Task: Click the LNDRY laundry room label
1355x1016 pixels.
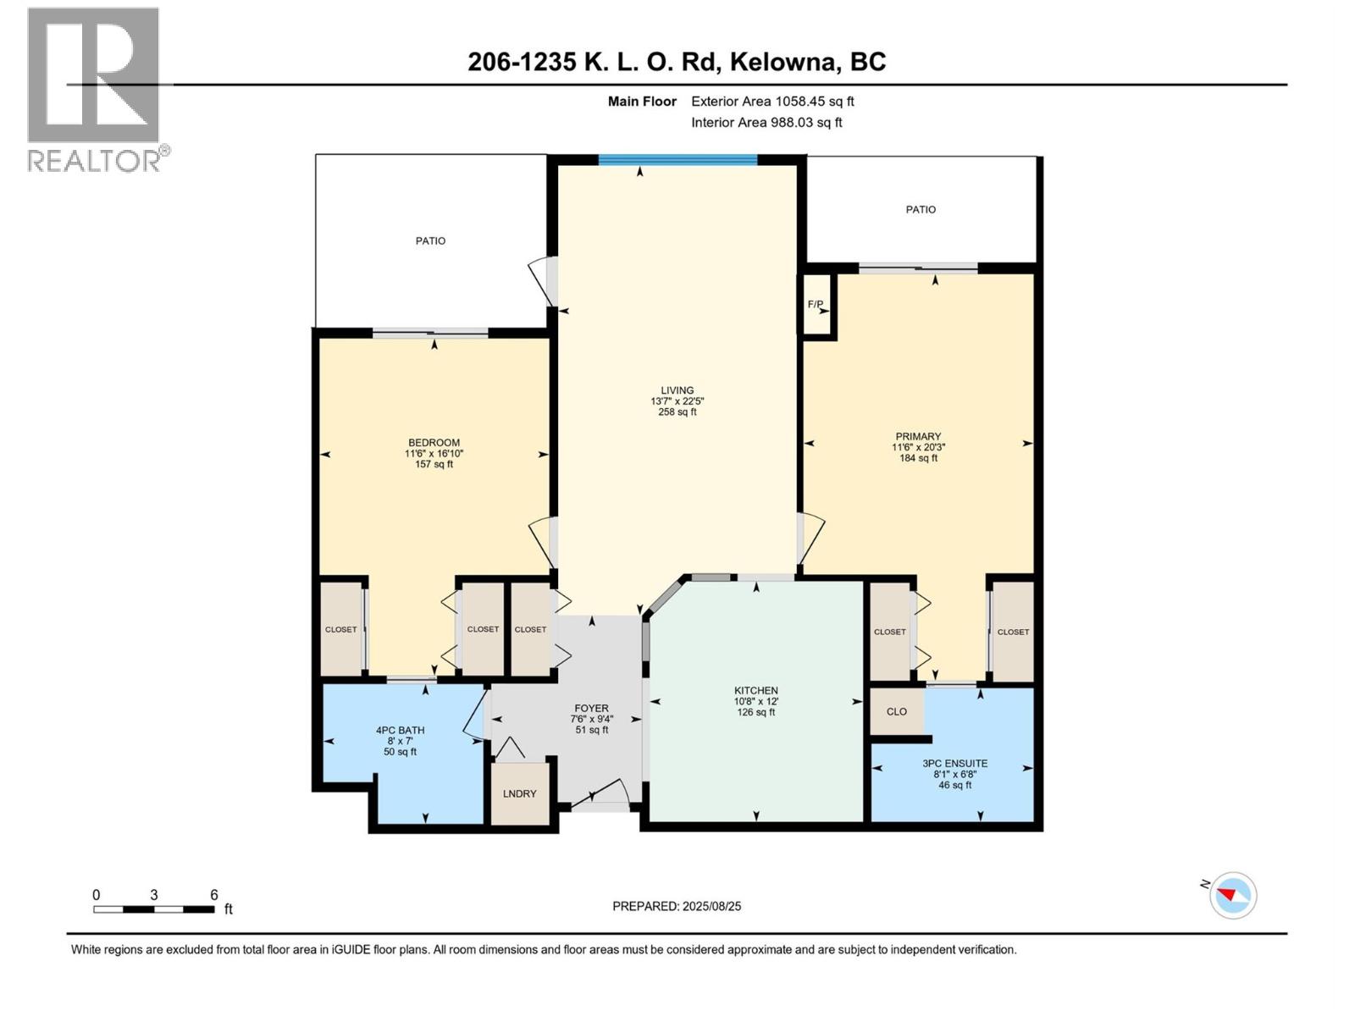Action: (x=519, y=793)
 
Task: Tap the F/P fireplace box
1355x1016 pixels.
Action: (x=816, y=305)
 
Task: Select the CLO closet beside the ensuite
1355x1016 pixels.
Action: (x=896, y=711)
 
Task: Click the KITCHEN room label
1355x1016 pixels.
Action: (x=755, y=690)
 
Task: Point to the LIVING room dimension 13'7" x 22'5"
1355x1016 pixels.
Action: (x=677, y=401)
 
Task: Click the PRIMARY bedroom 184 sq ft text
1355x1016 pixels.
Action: (x=918, y=458)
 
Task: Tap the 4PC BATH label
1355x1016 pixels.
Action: (x=400, y=730)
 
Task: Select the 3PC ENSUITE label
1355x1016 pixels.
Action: (x=954, y=763)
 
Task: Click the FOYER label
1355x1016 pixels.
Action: (x=591, y=709)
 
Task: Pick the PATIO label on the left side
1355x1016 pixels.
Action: (x=430, y=240)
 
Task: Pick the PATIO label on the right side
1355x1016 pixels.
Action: (x=921, y=209)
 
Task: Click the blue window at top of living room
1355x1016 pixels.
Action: (x=677, y=159)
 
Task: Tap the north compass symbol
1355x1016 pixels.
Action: (x=1232, y=895)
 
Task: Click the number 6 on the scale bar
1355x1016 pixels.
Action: (x=214, y=895)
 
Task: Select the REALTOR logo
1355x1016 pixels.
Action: (x=94, y=89)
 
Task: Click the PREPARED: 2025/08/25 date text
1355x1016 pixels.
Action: (x=677, y=906)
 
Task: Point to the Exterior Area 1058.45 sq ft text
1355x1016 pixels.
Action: (x=772, y=101)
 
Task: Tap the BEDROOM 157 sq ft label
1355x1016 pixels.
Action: (x=434, y=464)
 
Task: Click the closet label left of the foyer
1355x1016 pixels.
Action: (x=530, y=629)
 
